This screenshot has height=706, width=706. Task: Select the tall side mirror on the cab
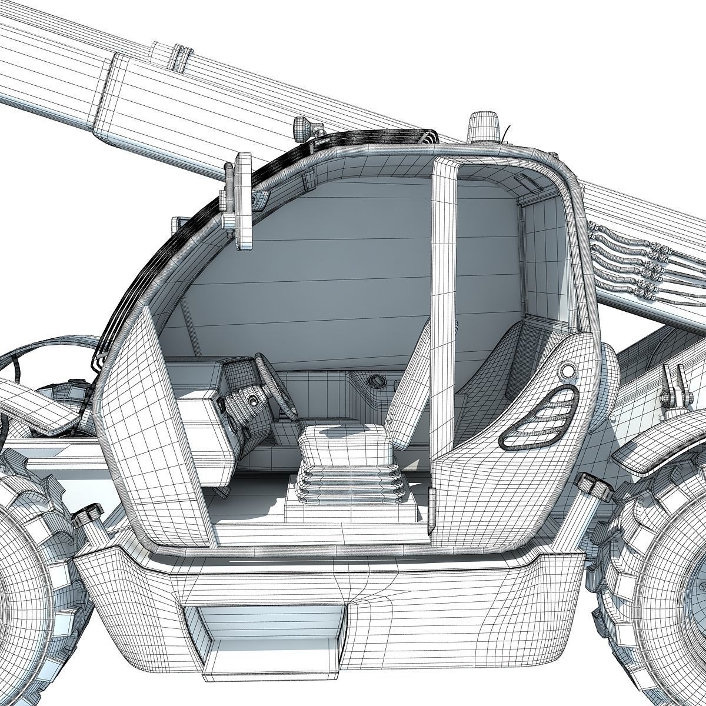point(242,200)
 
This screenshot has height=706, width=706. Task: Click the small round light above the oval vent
point(567,371)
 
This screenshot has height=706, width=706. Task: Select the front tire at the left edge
point(29,577)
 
